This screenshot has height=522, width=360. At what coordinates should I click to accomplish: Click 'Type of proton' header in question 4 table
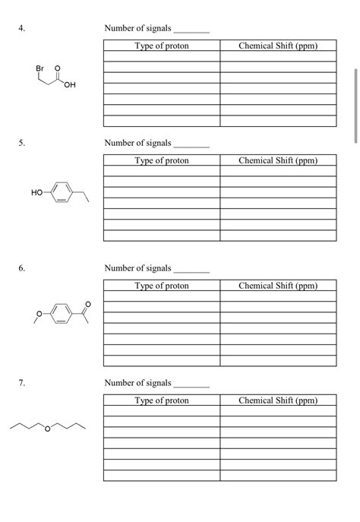[161, 46]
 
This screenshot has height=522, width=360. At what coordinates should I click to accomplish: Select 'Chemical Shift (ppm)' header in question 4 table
[277, 46]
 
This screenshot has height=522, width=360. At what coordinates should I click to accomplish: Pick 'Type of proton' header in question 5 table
[161, 160]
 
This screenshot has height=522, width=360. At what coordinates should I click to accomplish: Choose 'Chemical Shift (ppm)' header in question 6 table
[277, 286]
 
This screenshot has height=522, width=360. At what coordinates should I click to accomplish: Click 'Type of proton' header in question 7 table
[161, 400]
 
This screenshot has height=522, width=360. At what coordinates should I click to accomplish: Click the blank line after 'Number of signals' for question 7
[191, 385]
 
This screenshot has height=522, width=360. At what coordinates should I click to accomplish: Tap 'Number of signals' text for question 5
[137, 143]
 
